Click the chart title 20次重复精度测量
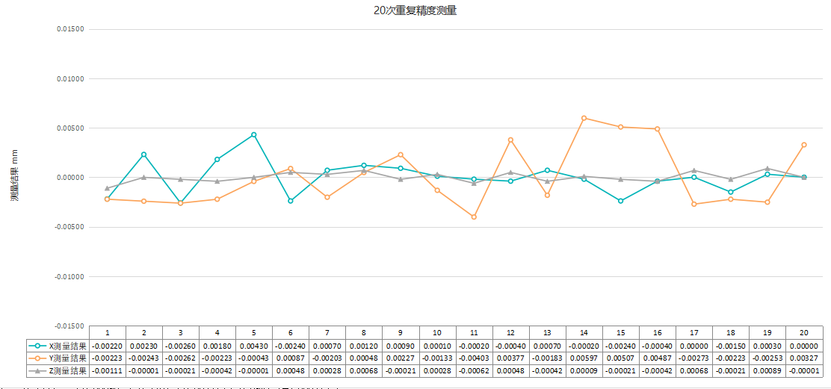click(x=415, y=10)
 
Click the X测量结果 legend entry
click(x=58, y=346)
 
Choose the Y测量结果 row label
click(x=58, y=358)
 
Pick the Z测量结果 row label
click(x=58, y=370)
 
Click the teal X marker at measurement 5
click(x=254, y=134)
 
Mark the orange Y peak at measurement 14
click(x=584, y=118)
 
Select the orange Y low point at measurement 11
click(x=474, y=217)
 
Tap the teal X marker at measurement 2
click(x=143, y=155)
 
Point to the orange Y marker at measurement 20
click(x=804, y=145)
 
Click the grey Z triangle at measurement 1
click(x=107, y=188)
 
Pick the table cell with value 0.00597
click(x=584, y=358)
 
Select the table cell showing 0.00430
click(x=254, y=346)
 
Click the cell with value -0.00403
click(x=475, y=358)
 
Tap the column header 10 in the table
click(x=437, y=332)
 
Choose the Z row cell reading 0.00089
click(x=767, y=370)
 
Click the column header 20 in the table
click(x=804, y=332)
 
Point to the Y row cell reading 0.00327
click(x=804, y=358)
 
